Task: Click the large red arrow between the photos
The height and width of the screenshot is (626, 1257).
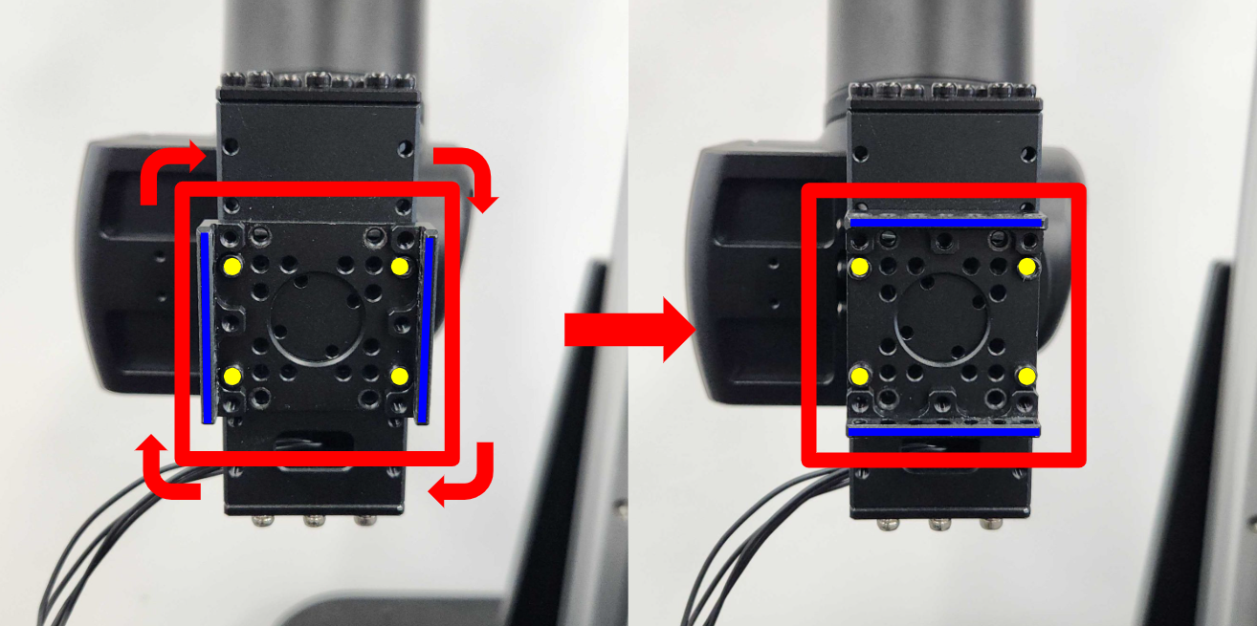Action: click(628, 330)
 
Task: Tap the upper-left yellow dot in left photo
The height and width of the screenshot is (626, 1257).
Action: click(232, 265)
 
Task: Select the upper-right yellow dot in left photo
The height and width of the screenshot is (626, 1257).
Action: click(400, 265)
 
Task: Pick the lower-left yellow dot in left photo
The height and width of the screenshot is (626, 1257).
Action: click(232, 376)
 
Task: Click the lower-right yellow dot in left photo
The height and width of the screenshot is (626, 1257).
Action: click(400, 376)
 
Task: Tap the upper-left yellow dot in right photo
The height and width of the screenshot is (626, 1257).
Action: click(859, 265)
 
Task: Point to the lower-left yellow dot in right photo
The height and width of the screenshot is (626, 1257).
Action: click(859, 376)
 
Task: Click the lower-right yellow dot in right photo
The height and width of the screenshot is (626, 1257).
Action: click(1027, 376)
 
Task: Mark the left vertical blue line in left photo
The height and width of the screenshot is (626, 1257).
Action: click(207, 327)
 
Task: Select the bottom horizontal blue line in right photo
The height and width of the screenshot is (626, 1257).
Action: click(943, 432)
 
